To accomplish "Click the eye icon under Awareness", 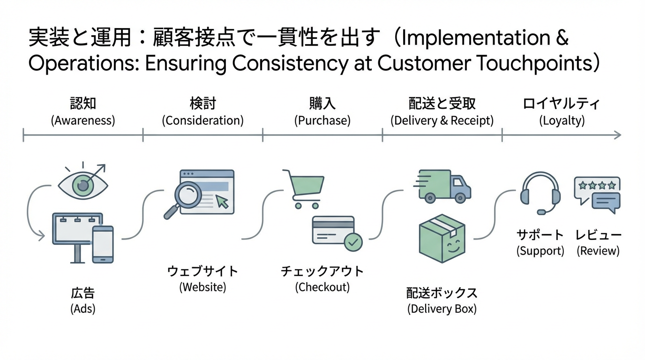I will tap(82, 186).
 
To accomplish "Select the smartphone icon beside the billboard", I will tap(103, 244).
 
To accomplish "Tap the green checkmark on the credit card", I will tap(353, 242).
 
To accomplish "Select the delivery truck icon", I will tap(442, 186).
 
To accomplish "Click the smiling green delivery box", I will tap(442, 238).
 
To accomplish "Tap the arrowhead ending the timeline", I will tap(618, 135).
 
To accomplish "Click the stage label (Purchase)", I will tap(322, 120).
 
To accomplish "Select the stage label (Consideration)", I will tap(203, 120).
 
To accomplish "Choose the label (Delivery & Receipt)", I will tap(442, 120).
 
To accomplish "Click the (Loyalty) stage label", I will tap(562, 120).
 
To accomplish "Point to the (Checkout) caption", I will tap(322, 287).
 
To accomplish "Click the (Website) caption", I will tap(202, 287).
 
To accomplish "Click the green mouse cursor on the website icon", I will tap(222, 201).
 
